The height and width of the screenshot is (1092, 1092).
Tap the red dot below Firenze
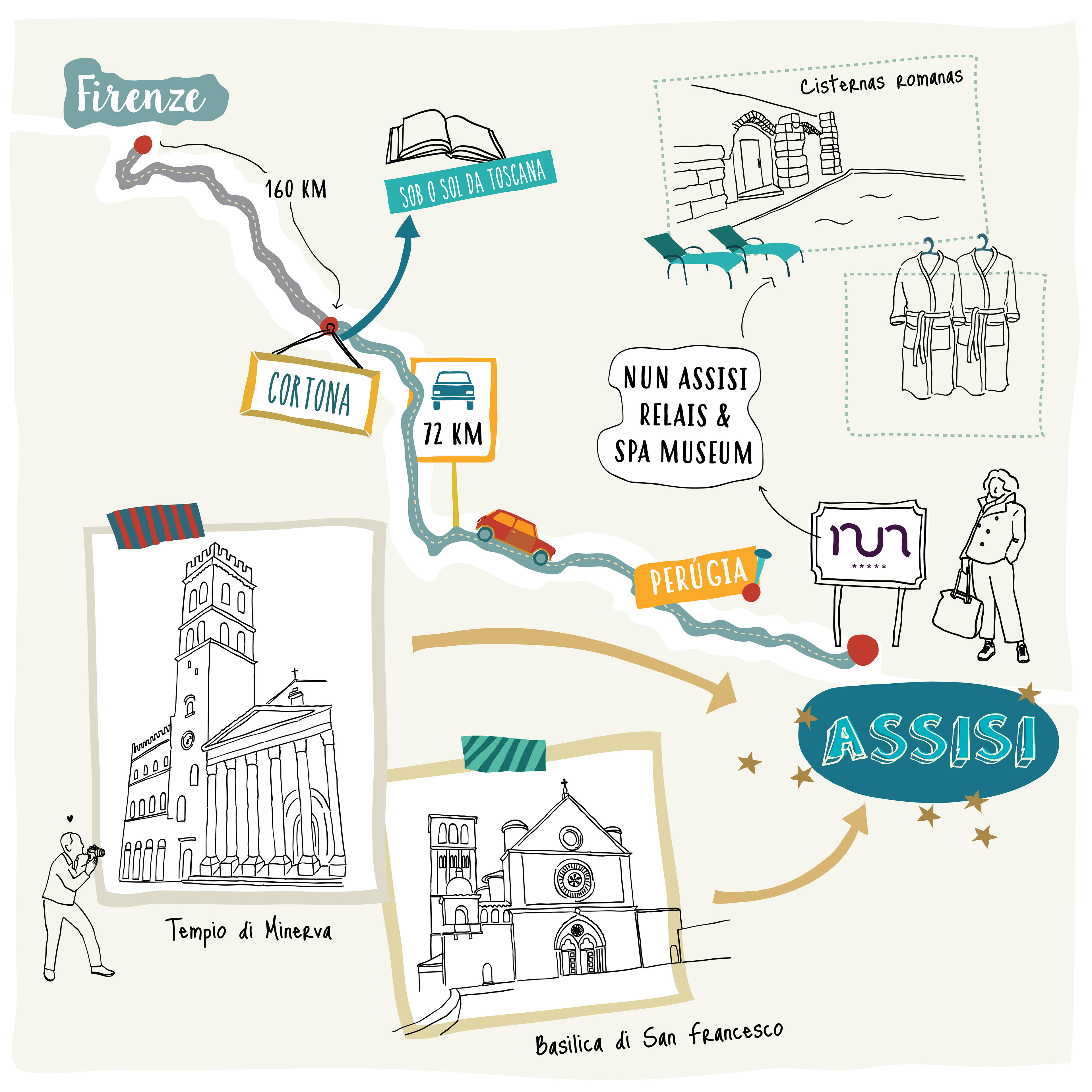[x=143, y=144]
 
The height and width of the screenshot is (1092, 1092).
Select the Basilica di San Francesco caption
[x=659, y=1039]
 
